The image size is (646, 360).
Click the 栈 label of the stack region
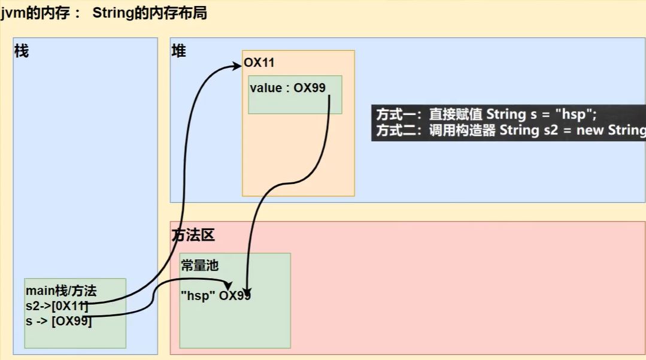[x=22, y=52]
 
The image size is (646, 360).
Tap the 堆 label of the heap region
[x=178, y=52]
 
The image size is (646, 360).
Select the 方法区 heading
[x=193, y=236]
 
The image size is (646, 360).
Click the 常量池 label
[x=199, y=266]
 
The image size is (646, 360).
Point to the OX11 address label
[x=259, y=63]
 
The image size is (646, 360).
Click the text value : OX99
[x=287, y=88]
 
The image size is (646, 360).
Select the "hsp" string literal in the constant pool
[x=198, y=295]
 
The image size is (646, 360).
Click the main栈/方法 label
[x=60, y=291]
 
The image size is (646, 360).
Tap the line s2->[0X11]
[x=57, y=307]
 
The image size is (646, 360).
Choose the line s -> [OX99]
[x=59, y=322]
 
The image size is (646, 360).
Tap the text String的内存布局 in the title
[x=150, y=13]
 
